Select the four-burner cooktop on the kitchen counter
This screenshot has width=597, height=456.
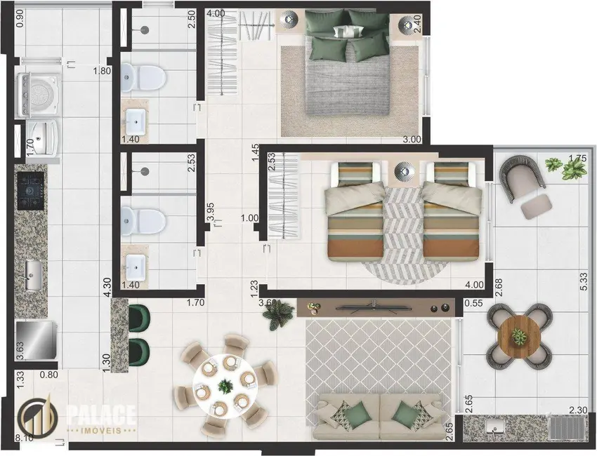(31, 189)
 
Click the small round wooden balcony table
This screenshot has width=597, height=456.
(518, 338)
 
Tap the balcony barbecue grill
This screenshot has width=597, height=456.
(565, 427)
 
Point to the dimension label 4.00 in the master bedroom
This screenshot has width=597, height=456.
(216, 13)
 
